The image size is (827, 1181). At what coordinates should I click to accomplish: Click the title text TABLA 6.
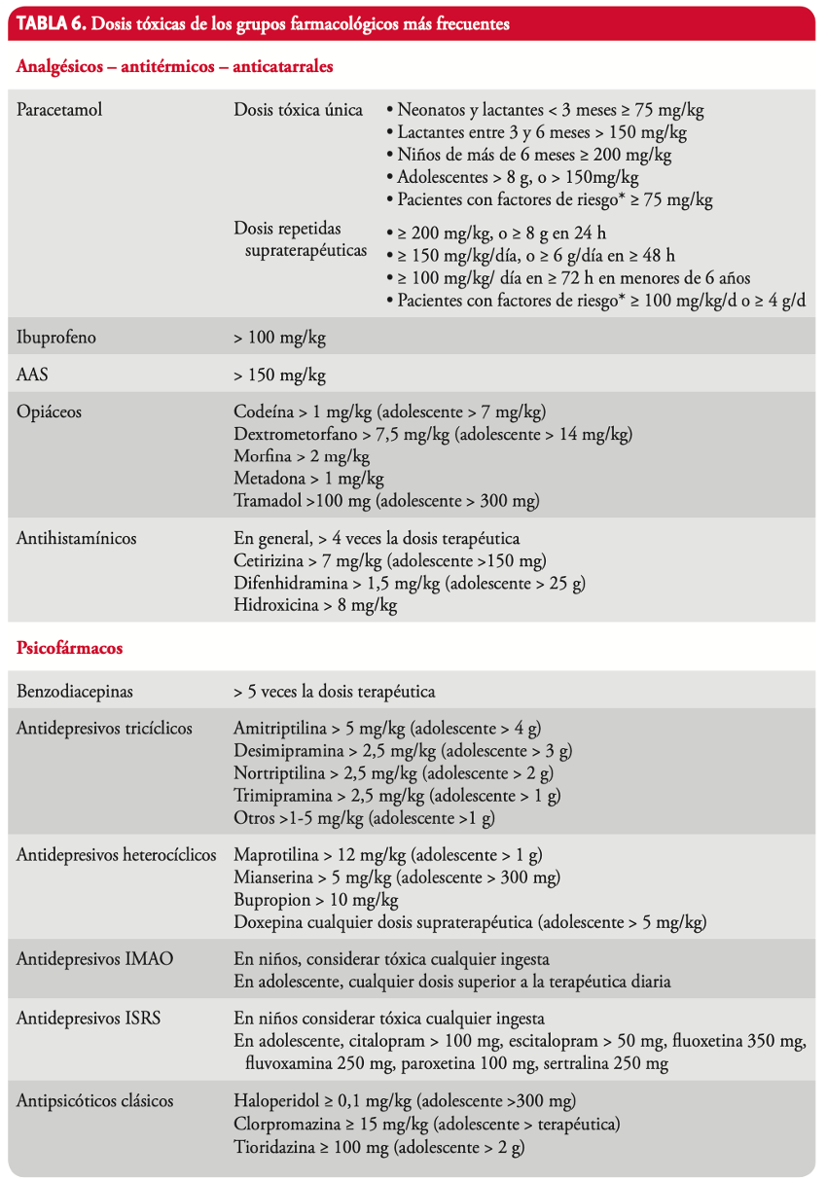[x=51, y=23]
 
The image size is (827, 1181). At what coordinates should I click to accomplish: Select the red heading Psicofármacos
[x=69, y=647]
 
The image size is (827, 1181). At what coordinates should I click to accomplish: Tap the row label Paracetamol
[x=59, y=110]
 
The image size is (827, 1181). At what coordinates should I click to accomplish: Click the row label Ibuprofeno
[x=56, y=339]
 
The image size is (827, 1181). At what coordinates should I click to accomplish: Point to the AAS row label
[x=32, y=375]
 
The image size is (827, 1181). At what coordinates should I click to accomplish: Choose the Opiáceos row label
[x=50, y=412]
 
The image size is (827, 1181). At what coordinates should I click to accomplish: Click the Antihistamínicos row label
[x=77, y=538]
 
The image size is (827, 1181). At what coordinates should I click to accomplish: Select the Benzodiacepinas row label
[x=75, y=692]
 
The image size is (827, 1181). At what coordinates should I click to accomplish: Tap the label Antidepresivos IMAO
[x=95, y=958]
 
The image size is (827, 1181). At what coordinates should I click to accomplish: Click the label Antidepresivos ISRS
[x=89, y=1019]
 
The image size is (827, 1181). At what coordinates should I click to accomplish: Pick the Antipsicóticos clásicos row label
[x=95, y=1101]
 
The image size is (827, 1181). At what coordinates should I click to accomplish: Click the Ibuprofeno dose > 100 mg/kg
[x=279, y=339]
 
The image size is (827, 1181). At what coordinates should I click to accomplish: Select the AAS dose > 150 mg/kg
[x=279, y=375]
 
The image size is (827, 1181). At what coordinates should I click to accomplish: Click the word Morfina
[x=261, y=456]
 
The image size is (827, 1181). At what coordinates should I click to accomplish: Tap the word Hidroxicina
[x=274, y=605]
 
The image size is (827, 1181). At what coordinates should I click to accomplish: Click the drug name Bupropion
[x=272, y=900]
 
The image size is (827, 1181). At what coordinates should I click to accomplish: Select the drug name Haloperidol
[x=276, y=1101]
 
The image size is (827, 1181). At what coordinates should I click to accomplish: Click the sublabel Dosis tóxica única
[x=299, y=110]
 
